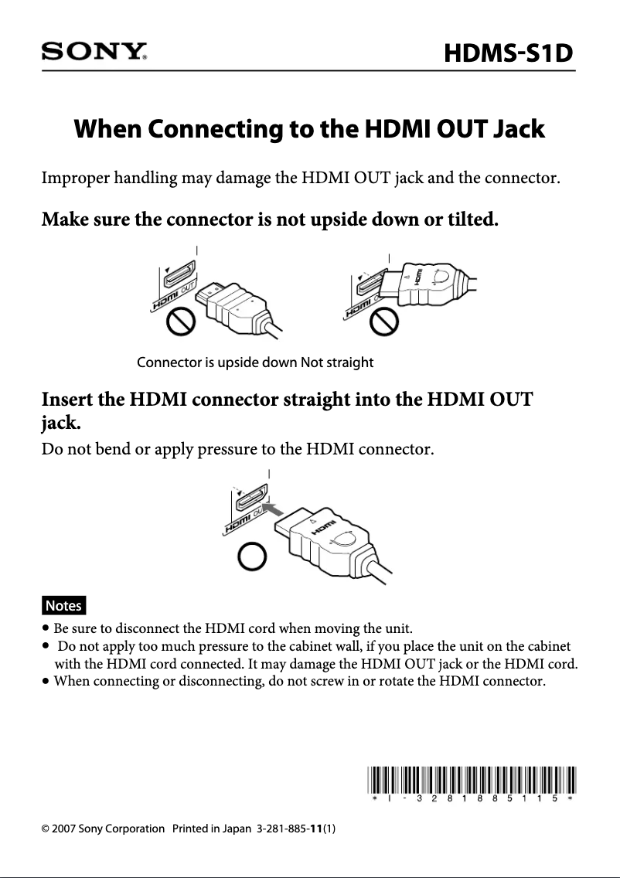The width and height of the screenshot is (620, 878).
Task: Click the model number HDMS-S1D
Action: (509, 54)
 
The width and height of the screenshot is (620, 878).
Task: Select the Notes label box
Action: (63, 604)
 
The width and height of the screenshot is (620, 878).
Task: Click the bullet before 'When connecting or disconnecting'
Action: (47, 682)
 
